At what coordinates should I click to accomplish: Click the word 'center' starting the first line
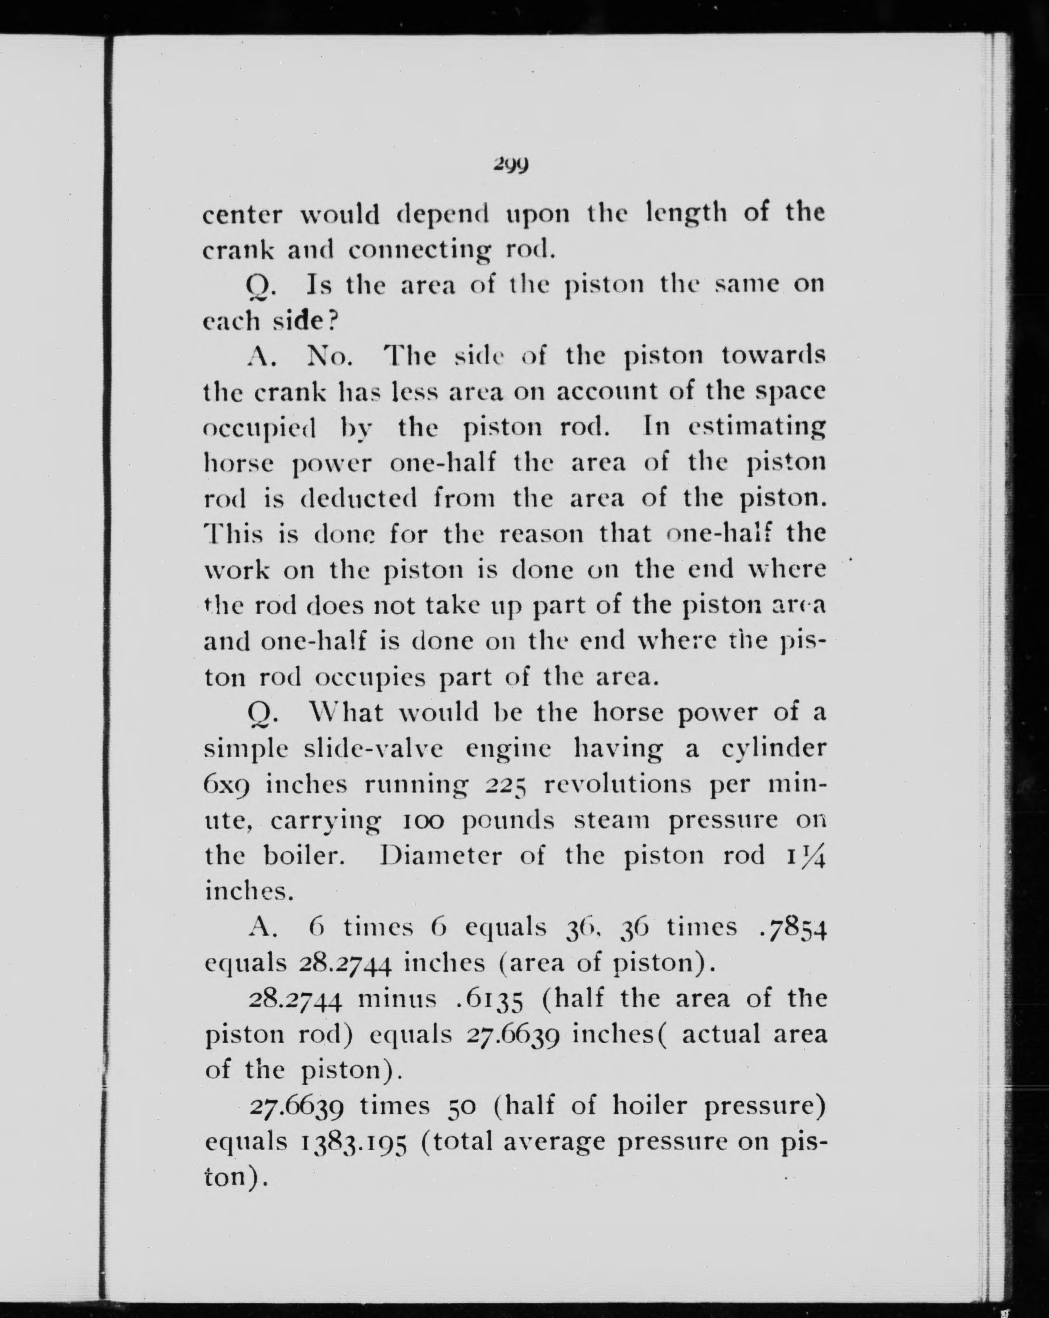click(242, 215)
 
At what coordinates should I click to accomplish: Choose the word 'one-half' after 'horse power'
click(443, 463)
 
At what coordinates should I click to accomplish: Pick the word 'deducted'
click(358, 498)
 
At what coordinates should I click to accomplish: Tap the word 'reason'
click(541, 534)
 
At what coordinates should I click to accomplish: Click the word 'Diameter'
click(440, 855)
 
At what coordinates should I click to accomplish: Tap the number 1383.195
click(353, 1142)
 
